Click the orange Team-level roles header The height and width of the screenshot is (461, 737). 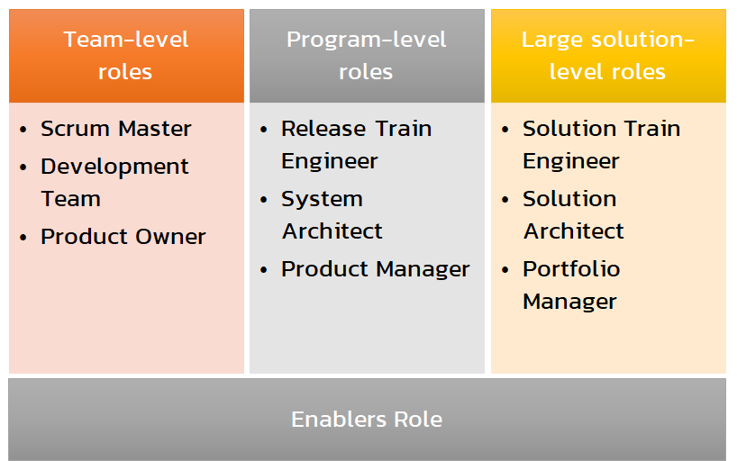click(x=126, y=56)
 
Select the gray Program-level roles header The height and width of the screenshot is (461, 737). click(x=367, y=56)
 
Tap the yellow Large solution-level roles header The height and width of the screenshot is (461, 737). click(x=608, y=56)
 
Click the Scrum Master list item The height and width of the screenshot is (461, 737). click(x=115, y=129)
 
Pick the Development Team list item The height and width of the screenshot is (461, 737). click(x=114, y=183)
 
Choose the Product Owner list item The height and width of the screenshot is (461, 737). click(x=123, y=237)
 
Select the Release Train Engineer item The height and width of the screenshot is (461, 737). click(x=356, y=145)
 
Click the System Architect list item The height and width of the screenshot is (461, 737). click(x=332, y=215)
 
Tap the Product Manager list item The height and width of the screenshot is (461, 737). click(x=375, y=269)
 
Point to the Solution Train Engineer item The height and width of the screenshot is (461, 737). click(x=601, y=145)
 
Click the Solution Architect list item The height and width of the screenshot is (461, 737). click(x=573, y=215)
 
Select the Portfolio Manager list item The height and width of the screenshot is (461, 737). click(x=571, y=285)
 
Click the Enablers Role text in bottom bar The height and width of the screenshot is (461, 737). click(x=367, y=420)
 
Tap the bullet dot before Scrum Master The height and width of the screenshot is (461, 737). click(x=23, y=130)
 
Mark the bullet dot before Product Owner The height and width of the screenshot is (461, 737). click(x=23, y=238)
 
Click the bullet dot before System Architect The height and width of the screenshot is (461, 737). click(x=263, y=200)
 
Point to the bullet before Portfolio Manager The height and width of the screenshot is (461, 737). click(x=505, y=270)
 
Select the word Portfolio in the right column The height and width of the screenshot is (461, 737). click(x=571, y=269)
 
